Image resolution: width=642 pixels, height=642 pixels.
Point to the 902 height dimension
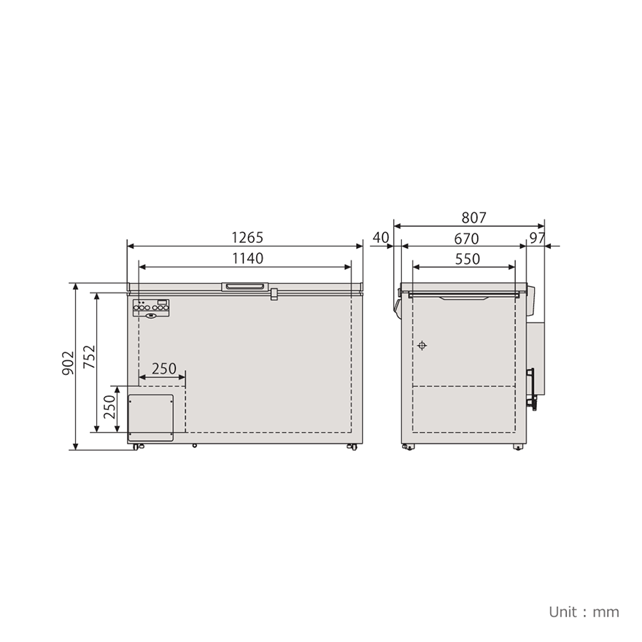67,363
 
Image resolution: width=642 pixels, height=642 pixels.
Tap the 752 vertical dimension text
88,357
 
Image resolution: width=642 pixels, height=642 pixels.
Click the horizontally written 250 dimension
163,368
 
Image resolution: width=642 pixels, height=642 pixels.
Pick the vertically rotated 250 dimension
109,407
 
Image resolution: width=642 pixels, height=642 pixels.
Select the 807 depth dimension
473,217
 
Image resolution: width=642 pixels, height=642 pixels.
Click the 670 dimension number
465,239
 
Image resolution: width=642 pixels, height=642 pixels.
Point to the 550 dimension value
467,259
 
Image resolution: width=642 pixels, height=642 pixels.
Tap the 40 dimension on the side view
381,238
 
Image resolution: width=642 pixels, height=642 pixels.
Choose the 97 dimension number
537,239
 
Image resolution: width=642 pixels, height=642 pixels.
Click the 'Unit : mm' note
584,611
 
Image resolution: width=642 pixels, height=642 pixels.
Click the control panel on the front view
152,309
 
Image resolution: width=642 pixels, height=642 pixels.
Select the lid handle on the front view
246,286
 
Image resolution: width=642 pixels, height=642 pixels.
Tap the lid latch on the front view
274,294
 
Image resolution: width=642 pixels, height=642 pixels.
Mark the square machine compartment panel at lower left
151,418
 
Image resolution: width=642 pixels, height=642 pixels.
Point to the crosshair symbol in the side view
422,345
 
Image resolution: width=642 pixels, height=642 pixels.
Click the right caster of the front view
352,446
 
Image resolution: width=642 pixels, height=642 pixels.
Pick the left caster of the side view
407,446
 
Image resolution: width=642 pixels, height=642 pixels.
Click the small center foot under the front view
194,445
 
